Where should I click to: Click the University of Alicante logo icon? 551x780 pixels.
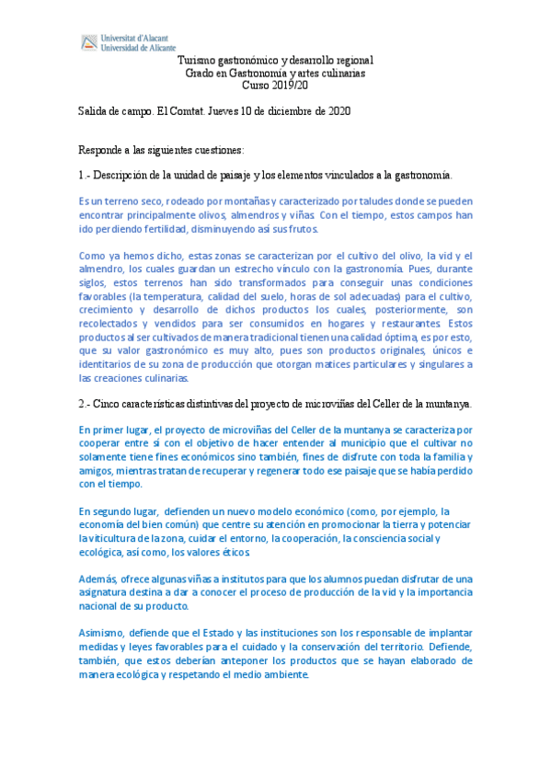[89, 41]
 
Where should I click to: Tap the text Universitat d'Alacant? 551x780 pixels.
[135, 37]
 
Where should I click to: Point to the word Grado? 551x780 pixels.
[200, 73]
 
